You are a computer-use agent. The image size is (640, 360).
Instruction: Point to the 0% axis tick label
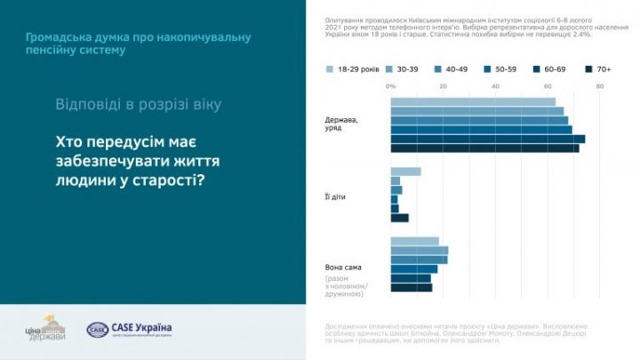[391, 86]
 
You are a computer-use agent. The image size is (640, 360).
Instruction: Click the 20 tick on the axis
[443, 86]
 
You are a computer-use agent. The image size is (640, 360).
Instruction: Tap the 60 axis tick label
[548, 86]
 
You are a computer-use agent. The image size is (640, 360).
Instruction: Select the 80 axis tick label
[600, 86]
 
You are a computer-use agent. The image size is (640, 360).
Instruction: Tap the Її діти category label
[335, 195]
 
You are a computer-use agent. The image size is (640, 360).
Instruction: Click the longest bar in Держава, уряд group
[487, 139]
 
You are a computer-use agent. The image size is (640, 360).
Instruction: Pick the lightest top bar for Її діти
[405, 172]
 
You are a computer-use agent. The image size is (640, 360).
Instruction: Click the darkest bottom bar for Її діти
[399, 218]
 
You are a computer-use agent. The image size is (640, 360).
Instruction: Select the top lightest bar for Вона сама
[414, 241]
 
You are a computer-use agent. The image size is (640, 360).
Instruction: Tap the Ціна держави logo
[45, 330]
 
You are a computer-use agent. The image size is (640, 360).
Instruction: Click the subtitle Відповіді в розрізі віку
[138, 104]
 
